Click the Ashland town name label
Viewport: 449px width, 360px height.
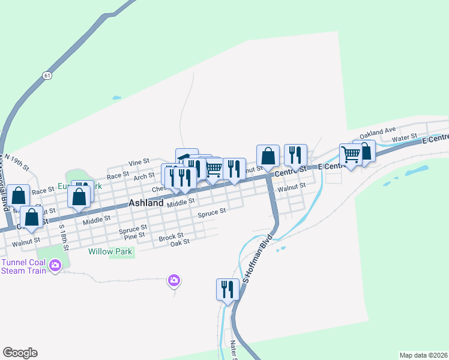146,203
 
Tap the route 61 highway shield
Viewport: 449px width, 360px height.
47,76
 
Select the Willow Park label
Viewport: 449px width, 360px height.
110,252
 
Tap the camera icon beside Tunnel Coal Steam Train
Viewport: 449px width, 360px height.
56,265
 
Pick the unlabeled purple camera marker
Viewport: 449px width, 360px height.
174,280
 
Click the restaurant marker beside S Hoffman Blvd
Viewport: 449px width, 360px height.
228,290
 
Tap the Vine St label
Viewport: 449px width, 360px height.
139,162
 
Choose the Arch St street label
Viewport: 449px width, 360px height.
144,176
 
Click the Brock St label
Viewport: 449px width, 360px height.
171,238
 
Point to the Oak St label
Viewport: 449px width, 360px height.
179,242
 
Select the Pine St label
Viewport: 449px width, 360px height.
134,235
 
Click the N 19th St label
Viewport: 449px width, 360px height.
17,163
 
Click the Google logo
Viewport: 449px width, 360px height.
20,353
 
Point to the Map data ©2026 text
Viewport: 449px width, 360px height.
423,355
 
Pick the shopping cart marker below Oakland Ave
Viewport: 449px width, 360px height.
350,154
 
